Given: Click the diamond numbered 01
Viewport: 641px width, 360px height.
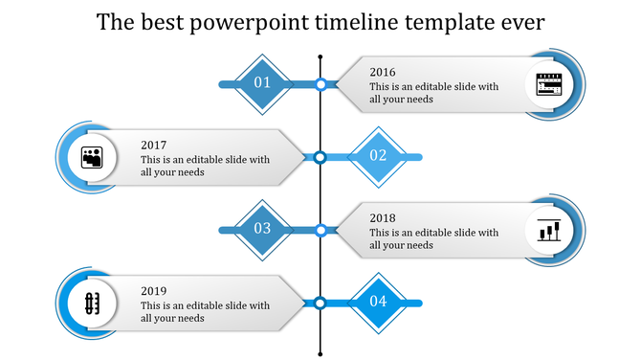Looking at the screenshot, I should pos(262,83).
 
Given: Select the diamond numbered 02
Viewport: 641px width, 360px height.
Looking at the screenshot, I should pos(378,156).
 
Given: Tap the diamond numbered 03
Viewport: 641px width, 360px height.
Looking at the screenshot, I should pos(262,229).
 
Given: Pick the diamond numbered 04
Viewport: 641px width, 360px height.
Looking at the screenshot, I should pos(378,302).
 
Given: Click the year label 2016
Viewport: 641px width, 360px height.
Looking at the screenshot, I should pos(383,72).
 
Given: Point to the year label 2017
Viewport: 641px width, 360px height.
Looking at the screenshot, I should pos(153,145).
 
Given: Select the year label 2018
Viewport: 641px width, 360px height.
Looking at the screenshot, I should pos(383,217).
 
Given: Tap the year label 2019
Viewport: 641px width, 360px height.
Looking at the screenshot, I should pos(153,290).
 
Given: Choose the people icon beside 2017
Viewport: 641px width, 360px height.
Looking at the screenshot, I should pos(92,157).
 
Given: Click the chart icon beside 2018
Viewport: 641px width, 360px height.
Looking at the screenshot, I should pos(549,230).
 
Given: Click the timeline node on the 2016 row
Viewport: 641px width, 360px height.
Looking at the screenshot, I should pos(320,84).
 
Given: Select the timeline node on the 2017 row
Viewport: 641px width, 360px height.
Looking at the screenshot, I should pos(320,157).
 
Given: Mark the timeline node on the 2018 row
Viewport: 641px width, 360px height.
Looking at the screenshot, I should pos(320,230).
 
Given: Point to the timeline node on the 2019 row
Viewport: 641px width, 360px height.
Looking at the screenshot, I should pos(320,303).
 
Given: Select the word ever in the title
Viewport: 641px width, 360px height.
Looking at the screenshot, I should pos(521,22).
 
